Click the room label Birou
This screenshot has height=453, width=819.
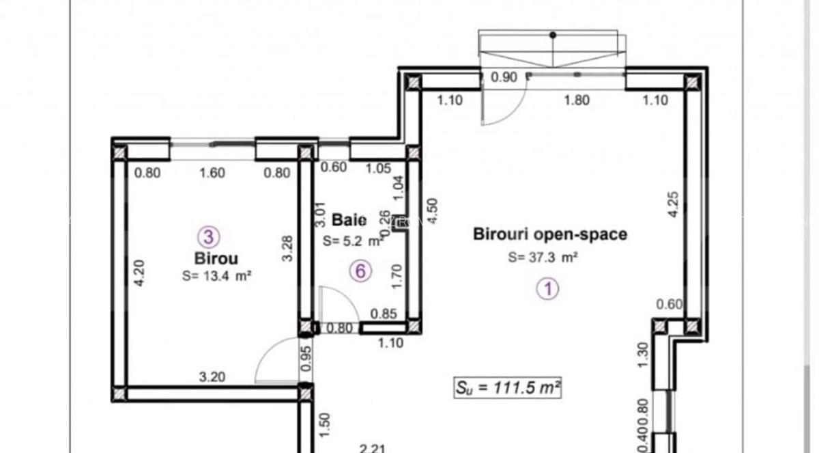click(x=216, y=259)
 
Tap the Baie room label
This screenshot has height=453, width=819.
click(x=349, y=220)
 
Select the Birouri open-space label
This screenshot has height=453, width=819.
click(x=550, y=234)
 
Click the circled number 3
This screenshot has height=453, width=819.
click(x=208, y=237)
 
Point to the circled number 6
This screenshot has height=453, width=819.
click(x=360, y=271)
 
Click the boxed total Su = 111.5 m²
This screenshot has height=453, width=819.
click(x=508, y=387)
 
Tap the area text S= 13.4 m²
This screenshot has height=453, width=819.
click(x=217, y=276)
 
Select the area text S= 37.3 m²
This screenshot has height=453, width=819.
click(x=543, y=258)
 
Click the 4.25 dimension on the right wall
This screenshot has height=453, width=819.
click(x=672, y=204)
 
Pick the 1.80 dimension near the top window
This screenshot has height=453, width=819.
click(x=576, y=100)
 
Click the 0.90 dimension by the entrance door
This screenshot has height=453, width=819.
click(x=504, y=77)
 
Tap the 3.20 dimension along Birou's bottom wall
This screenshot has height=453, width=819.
click(x=212, y=376)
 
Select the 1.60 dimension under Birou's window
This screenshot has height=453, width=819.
click(x=212, y=173)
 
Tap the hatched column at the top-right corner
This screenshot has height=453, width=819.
click(x=692, y=83)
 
